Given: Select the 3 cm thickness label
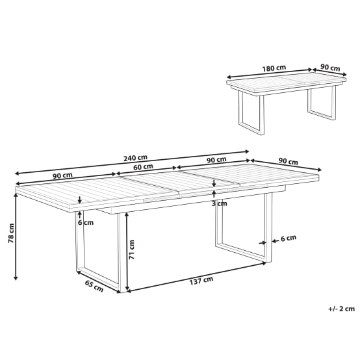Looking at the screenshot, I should (x=220, y=203).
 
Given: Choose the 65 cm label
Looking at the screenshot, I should (x=94, y=285).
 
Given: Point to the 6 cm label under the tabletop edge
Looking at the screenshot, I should (x=86, y=222).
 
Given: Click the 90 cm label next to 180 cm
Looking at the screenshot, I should (x=331, y=67).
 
